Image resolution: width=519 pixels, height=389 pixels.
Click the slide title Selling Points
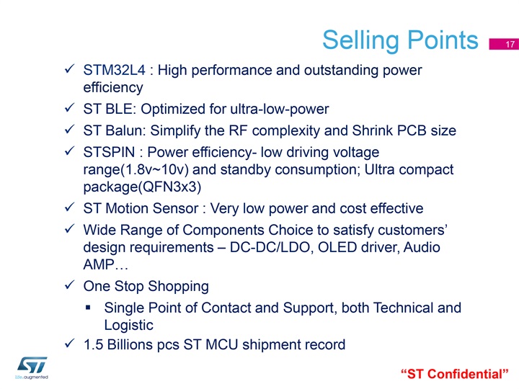coord(400,40)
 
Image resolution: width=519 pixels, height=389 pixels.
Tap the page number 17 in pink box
coord(510,45)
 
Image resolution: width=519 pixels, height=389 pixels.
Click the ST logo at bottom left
coord(32,367)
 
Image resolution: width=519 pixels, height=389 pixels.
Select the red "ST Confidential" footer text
coord(454,374)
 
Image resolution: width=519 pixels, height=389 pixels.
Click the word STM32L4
coord(114,70)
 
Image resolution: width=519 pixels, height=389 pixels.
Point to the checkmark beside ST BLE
coord(69,108)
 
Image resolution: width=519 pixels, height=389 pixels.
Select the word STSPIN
coord(110,152)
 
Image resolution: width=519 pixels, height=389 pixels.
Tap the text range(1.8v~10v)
coord(136,170)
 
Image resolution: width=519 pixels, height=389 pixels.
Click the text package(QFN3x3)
coord(142,187)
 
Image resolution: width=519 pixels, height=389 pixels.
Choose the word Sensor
coord(175,208)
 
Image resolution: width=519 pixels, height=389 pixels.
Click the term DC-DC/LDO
coord(270,247)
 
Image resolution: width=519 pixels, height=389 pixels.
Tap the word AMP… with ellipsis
coord(105,264)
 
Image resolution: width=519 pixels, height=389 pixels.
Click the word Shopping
coord(179,287)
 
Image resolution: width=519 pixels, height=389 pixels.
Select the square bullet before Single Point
coord(88,308)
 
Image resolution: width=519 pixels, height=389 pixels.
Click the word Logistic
coord(129,325)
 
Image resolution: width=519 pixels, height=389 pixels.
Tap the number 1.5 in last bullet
coord(93,344)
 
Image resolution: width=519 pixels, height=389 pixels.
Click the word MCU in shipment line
coord(222,344)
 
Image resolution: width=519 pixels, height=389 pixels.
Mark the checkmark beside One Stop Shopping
coord(69,285)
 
